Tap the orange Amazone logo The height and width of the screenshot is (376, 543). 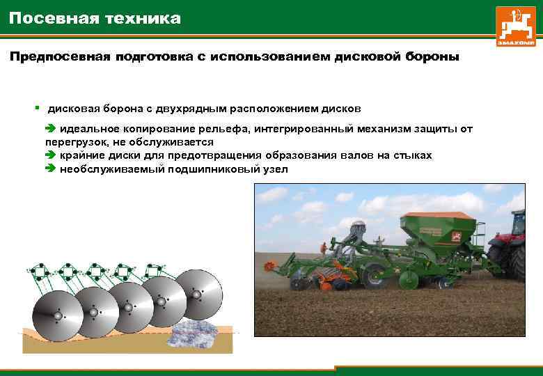tap(516, 26)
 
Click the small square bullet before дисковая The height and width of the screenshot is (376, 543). tap(37, 109)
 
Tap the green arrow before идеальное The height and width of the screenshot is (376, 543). tap(50, 129)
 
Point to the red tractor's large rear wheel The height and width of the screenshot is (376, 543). tap(516, 262)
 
